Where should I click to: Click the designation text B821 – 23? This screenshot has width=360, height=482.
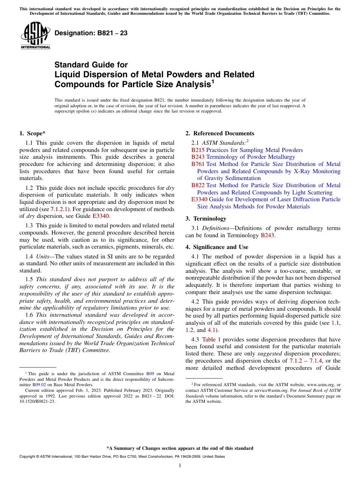pyautogui.click(x=91, y=33)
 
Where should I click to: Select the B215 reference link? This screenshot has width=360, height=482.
pyautogui.click(x=198, y=150)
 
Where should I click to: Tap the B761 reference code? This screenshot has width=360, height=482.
pyautogui.click(x=198, y=164)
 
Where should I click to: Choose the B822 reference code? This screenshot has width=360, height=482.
pyautogui.click(x=198, y=185)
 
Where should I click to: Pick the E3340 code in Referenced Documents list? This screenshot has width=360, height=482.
pyautogui.click(x=199, y=199)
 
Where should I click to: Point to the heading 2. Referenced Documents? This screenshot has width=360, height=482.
pyautogui.click(x=220, y=133)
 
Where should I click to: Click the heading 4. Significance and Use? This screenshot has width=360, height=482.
pyautogui.click(x=217, y=247)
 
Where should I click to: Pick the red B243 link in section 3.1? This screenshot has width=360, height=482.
pyautogui.click(x=268, y=235)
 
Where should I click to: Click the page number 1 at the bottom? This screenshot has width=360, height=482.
pyautogui.click(x=180, y=466)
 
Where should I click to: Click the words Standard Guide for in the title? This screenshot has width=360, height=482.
pyautogui.click(x=91, y=65)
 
